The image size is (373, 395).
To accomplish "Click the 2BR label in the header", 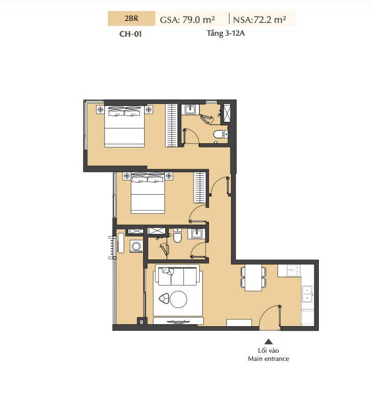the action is click(131, 18).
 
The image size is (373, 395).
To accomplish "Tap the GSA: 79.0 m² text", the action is click(188, 19).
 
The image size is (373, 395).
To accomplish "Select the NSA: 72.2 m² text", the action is click(260, 19).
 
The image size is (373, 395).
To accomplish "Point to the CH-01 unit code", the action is click(130, 34).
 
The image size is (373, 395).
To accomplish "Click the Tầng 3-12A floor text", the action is click(225, 33).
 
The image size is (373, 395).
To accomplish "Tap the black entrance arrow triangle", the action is click(268, 342).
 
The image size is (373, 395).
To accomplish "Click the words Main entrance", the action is click(268, 359).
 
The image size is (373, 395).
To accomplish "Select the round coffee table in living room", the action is click(178, 300).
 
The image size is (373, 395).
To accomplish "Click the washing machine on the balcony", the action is click(136, 246).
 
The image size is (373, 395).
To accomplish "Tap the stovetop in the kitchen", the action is click(293, 271).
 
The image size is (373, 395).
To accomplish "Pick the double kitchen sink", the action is click(308, 294).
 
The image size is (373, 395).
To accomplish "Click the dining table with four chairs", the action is click(253, 278).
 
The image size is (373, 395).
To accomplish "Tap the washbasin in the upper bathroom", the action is click(190, 110).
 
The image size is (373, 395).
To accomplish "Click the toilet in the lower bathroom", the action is click(177, 236).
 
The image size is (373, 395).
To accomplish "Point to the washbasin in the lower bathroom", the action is click(196, 234).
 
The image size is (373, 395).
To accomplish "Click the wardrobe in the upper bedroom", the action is click(171, 125).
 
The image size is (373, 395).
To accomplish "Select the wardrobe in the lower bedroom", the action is click(200, 188).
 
